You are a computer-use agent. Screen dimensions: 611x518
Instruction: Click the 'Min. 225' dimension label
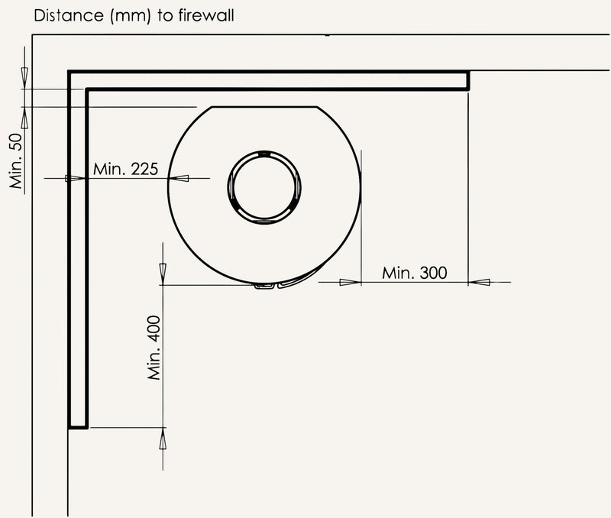125,169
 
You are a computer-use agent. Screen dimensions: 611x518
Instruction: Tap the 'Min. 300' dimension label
414,273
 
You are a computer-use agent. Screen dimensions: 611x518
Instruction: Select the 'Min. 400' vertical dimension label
154,348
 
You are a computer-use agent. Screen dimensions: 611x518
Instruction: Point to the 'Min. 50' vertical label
17,161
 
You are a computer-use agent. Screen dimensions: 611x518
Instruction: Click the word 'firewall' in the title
206,15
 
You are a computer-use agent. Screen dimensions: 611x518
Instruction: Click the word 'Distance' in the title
69,15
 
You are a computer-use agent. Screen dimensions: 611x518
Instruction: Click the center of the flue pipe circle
264,186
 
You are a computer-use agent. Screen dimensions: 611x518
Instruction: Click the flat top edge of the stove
264,106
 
